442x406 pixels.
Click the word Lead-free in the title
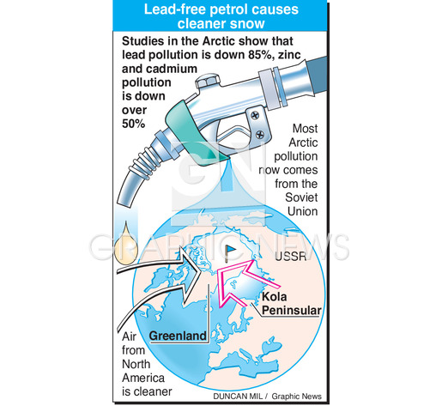pyautogui.click(x=175, y=9)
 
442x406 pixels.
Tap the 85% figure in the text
pyautogui.click(x=259, y=55)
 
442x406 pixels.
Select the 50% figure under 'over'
pyautogui.click(x=134, y=124)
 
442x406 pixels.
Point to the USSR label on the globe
pyautogui.click(x=290, y=257)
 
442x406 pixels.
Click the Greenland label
pyautogui.click(x=178, y=336)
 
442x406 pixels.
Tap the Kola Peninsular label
pyautogui.click(x=291, y=304)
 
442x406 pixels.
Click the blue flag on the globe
pyautogui.click(x=230, y=252)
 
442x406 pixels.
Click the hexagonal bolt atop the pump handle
pyautogui.click(x=208, y=81)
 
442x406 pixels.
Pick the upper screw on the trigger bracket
pyautogui.click(x=255, y=115)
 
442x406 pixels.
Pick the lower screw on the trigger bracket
pyautogui.click(x=260, y=134)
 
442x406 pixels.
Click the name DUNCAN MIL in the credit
pyautogui.click(x=239, y=397)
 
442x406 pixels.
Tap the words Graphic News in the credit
pyautogui.click(x=296, y=397)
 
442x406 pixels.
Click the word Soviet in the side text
pyautogui.click(x=301, y=197)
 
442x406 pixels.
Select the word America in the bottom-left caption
pyautogui.click(x=143, y=378)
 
